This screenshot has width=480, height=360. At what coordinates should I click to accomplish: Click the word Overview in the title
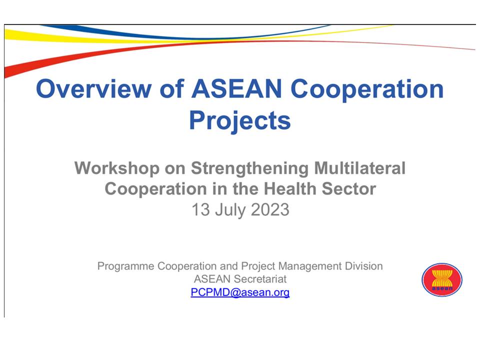tap(93, 89)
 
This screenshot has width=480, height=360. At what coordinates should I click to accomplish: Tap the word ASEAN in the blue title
tap(236, 89)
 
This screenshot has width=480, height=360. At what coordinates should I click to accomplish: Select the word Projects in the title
tap(240, 120)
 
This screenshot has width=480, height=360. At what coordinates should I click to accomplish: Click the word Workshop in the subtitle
tap(117, 168)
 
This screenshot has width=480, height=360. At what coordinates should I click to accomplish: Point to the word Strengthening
tap(249, 169)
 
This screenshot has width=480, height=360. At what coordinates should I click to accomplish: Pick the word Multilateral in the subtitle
tap(360, 168)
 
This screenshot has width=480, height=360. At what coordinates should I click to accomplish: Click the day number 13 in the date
tap(200, 209)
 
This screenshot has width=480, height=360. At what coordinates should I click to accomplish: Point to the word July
tap(230, 210)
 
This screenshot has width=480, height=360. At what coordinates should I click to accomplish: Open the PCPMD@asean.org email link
tap(240, 292)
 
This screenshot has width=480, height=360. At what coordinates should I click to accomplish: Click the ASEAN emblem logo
tap(441, 280)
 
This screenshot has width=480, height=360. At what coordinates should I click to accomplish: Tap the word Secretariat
tap(259, 279)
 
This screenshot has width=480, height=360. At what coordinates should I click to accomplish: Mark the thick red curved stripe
tap(92, 54)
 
